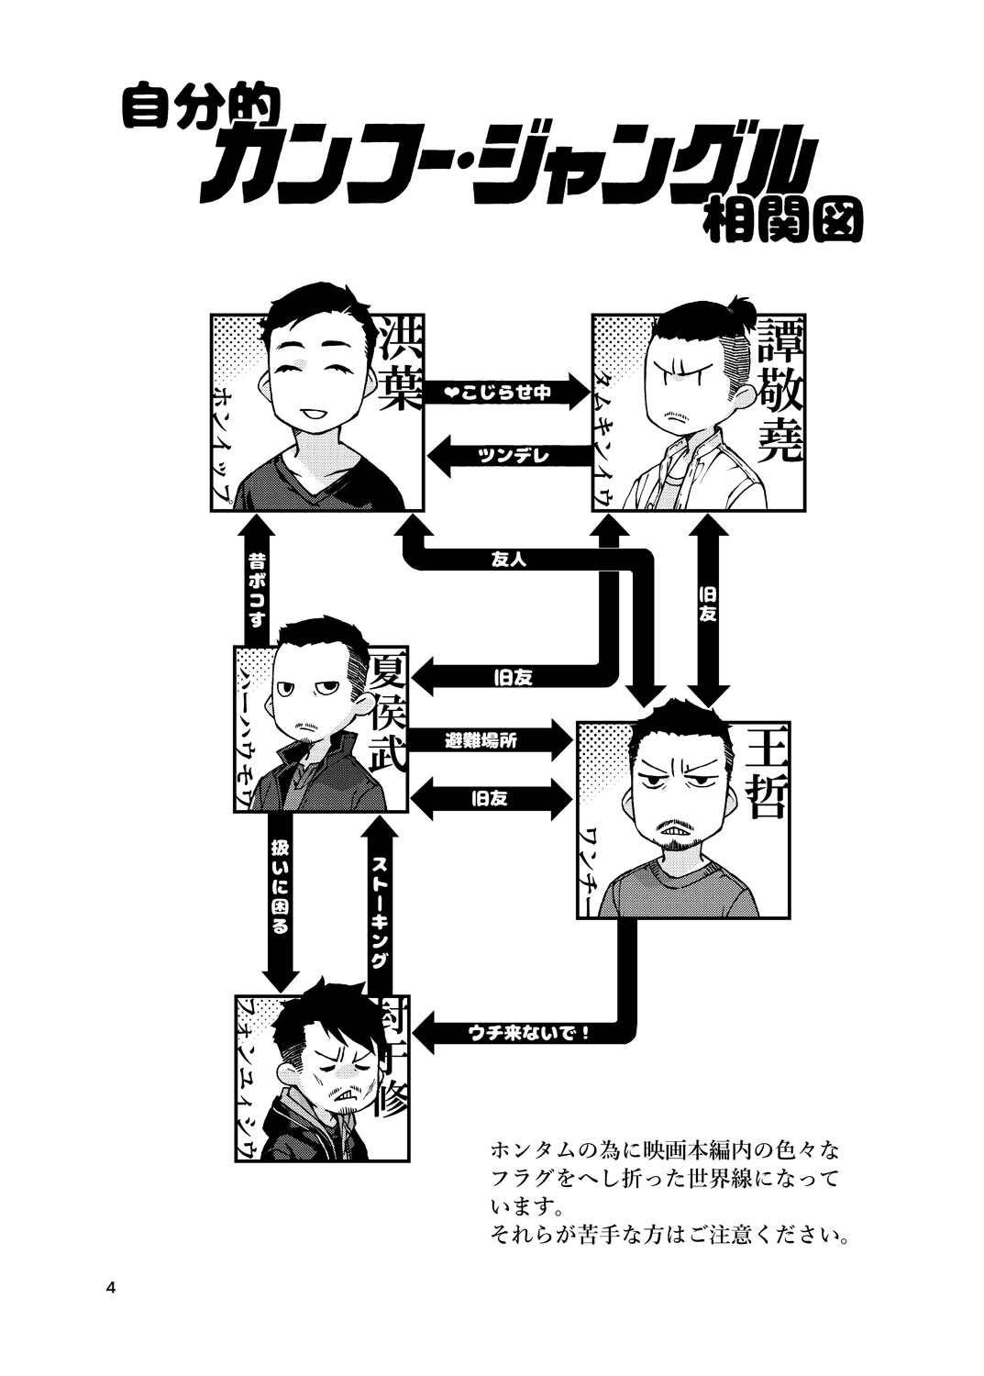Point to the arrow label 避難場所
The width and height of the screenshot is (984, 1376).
[481, 740]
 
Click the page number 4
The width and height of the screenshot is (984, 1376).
[111, 1286]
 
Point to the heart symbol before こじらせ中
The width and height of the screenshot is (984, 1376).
[450, 393]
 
